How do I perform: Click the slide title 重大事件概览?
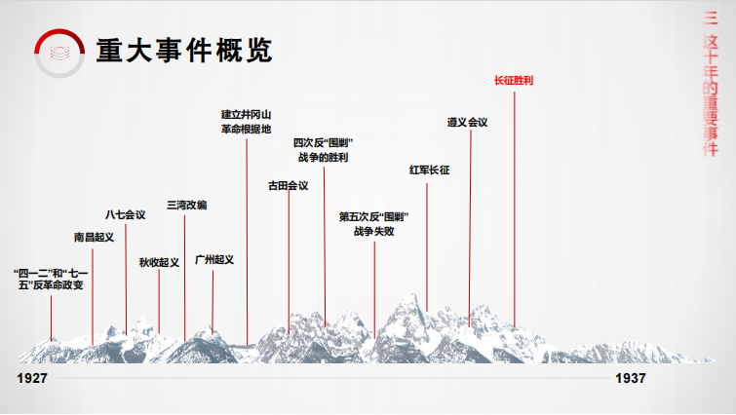(184, 51)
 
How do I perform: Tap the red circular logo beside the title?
(59, 53)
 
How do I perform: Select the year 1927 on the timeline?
(32, 378)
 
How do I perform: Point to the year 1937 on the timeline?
(631, 378)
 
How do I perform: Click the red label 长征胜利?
(514, 80)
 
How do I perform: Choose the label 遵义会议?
(467, 122)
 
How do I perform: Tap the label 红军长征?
(430, 170)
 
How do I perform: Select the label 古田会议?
(289, 186)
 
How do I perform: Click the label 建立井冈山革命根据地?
(246, 122)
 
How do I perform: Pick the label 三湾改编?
(187, 205)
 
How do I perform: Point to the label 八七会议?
(126, 214)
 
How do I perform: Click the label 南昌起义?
(94, 237)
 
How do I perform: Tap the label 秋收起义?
(159, 262)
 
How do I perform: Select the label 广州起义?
(214, 259)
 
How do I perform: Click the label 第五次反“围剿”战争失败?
(373, 224)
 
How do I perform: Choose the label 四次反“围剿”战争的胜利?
(323, 150)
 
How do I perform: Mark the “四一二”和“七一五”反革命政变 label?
(51, 279)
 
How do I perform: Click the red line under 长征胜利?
(515, 208)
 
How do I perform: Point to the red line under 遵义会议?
(470, 228)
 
